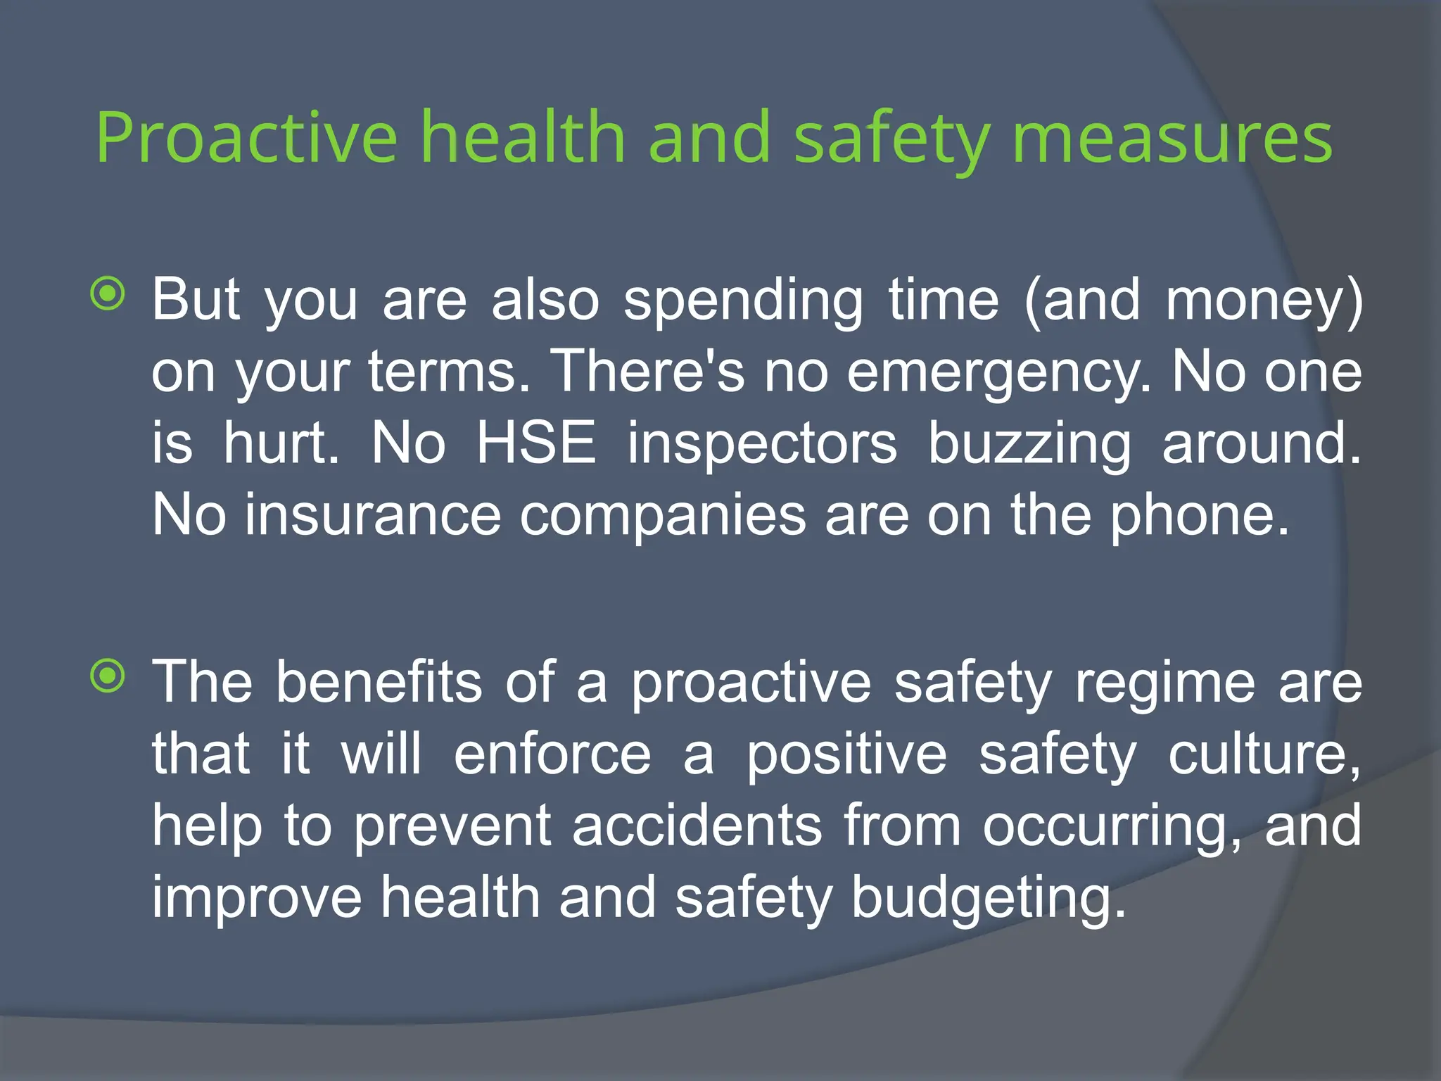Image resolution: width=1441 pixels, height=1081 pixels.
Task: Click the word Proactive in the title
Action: pyautogui.click(x=246, y=137)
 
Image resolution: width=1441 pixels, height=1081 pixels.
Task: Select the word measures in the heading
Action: pyautogui.click(x=1172, y=137)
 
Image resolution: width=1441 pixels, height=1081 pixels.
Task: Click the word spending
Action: pyautogui.click(x=742, y=301)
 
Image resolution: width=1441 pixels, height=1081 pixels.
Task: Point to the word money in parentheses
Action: pyautogui.click(x=1256, y=301)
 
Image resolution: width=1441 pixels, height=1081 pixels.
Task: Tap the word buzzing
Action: pyautogui.click(x=1029, y=445)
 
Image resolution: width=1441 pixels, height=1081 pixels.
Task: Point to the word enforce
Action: pyautogui.click(x=552, y=754)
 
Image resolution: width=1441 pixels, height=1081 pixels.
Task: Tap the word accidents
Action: pyautogui.click(x=697, y=826)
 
